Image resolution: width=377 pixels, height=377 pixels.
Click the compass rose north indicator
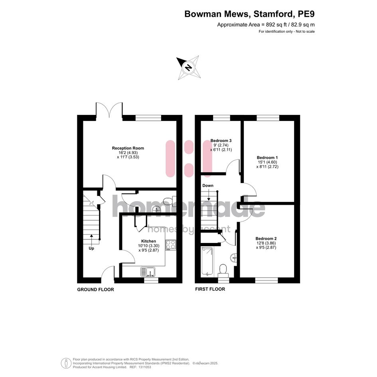[188, 67]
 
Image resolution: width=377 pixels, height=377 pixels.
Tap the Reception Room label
[128, 148]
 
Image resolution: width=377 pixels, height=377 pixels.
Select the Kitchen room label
[148, 241]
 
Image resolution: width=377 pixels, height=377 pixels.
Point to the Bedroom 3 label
[221, 141]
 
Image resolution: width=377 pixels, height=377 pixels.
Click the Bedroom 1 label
[267, 158]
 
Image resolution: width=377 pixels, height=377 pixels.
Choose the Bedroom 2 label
[266, 239]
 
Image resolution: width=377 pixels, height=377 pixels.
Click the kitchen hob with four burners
[170, 245]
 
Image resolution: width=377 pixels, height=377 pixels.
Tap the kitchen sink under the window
[148, 272]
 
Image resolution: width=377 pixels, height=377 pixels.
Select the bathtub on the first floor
[207, 261]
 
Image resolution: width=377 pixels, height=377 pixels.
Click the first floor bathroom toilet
[223, 270]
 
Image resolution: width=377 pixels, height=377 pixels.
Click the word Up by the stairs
[91, 249]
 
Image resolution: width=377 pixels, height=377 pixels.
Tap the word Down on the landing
[208, 186]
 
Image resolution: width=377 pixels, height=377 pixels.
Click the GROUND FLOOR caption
[95, 290]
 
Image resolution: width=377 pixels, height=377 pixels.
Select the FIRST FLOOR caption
[210, 289]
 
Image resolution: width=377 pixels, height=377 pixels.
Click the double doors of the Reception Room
[109, 110]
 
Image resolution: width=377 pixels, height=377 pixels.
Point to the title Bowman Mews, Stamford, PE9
[249, 14]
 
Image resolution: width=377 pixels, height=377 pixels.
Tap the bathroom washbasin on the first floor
[233, 258]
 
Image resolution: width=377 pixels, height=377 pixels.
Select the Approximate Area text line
[266, 24]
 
